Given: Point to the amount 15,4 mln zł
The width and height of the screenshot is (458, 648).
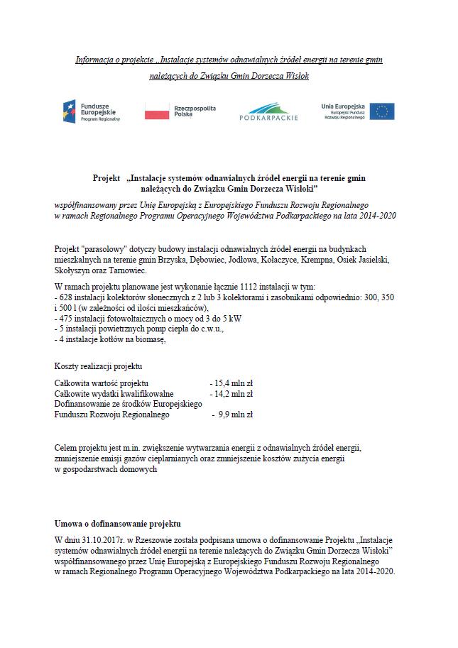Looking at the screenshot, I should coord(234,383).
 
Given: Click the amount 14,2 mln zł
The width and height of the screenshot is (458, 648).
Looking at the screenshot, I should coord(234,393).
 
